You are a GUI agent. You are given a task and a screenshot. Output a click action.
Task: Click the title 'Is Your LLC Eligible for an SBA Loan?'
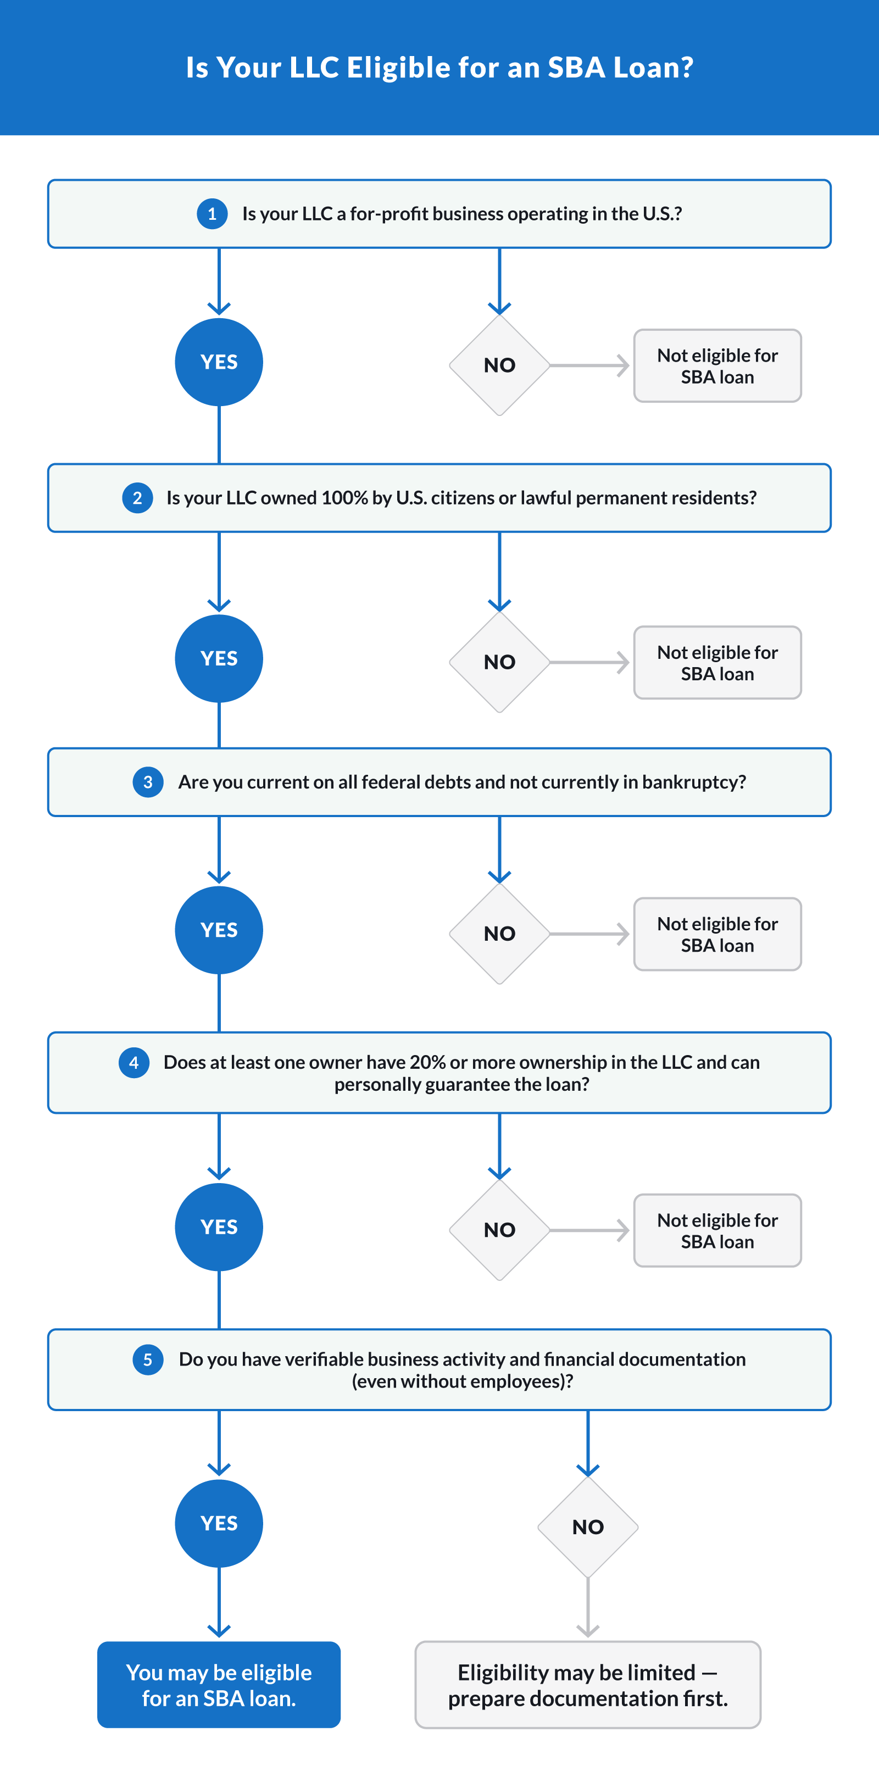coord(439,67)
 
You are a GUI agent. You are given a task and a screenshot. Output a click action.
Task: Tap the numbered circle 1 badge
coord(212,214)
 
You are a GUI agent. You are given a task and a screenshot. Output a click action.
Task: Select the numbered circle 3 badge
coord(148,782)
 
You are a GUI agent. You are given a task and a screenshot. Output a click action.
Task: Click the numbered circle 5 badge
coord(148,1359)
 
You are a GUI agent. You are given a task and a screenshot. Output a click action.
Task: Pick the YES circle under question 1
coord(219,362)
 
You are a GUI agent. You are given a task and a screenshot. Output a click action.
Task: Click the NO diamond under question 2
coord(499,662)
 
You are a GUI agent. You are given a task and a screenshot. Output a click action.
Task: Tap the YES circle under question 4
coord(219,1227)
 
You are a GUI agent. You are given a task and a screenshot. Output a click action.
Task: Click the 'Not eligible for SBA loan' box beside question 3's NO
coord(717,934)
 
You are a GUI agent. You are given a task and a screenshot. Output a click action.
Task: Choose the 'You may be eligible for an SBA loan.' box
coord(219,1684)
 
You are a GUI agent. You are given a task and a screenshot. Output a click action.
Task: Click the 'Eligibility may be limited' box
coord(588,1684)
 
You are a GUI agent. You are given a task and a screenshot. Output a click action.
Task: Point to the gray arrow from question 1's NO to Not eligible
coord(589,365)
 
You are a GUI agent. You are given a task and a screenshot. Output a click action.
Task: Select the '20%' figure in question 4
coord(427,1062)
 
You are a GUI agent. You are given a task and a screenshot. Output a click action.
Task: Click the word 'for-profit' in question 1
coord(388,214)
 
